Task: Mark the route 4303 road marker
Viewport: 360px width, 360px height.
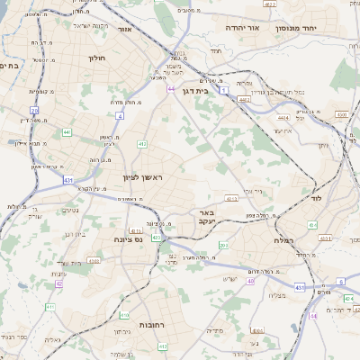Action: click(93, 261)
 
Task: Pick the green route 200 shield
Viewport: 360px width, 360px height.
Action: click(223, 245)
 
